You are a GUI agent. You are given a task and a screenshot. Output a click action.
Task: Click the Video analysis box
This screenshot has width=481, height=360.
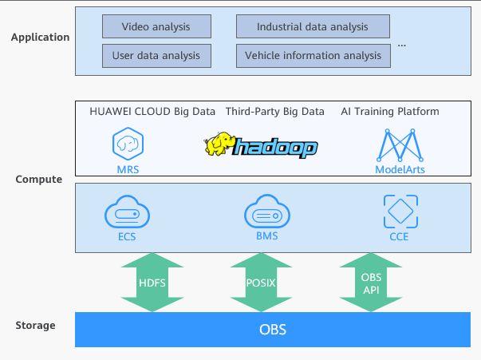coord(156,27)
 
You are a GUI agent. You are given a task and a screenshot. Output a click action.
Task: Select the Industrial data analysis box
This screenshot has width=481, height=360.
coord(313,27)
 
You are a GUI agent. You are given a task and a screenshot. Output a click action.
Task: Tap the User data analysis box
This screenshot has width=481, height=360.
coord(156,56)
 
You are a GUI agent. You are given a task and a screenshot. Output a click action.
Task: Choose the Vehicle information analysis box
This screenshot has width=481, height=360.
coord(313,56)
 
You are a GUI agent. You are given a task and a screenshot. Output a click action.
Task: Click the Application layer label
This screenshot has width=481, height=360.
coord(41,37)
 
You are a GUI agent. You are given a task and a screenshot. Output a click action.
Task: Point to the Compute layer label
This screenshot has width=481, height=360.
coord(39,180)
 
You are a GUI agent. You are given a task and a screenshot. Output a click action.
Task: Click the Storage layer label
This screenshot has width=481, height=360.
coord(36,326)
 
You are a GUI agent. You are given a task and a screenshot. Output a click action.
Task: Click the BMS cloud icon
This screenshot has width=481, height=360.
coord(266,215)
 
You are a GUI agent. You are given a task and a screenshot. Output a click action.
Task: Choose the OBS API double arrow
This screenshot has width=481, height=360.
coord(371,281)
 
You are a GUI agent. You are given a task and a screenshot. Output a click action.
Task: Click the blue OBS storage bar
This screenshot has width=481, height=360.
coord(272,330)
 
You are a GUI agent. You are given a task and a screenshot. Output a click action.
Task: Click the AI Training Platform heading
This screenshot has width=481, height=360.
coord(390,112)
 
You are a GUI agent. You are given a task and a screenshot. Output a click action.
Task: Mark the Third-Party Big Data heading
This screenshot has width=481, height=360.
coord(274,112)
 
